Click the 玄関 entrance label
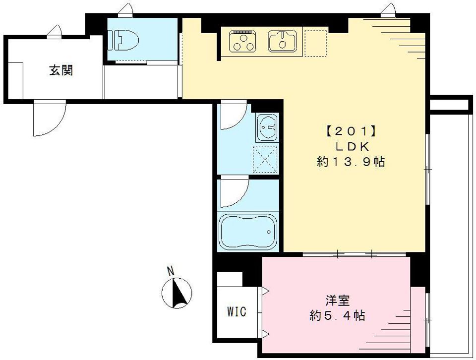pos(61,70)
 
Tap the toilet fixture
pos(121,41)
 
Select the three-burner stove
pos(243,41)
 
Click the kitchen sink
pos(283,41)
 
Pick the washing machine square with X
pos(266,160)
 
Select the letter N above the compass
pos(171,271)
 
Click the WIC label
pos(237,312)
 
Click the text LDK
pos(352,147)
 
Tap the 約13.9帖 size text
pos(351,162)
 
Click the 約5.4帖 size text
pos(337,315)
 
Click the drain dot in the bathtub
pos(268,232)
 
